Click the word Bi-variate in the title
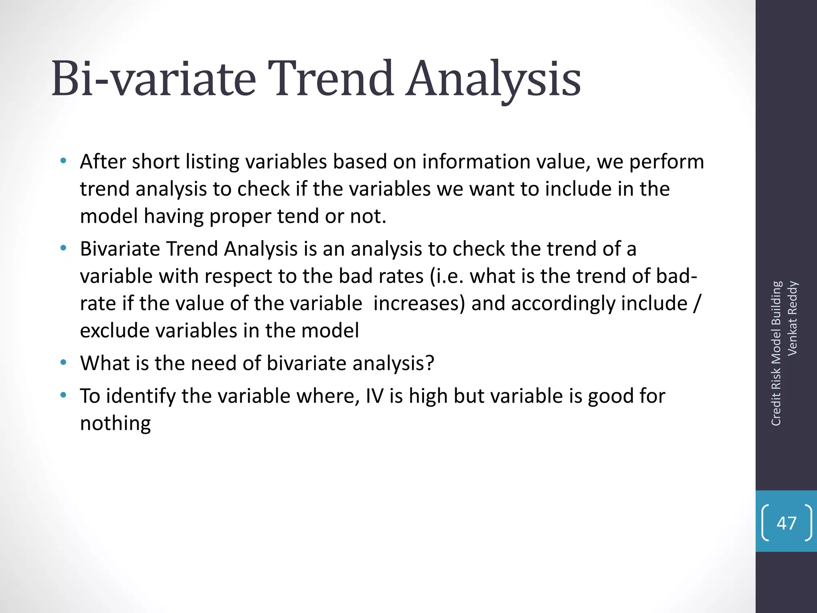154,79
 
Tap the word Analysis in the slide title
493,80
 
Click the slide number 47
786,523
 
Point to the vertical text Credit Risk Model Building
776,354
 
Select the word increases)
419,304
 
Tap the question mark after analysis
430,364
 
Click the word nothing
115,423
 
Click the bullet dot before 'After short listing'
63,162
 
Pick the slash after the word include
696,304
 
